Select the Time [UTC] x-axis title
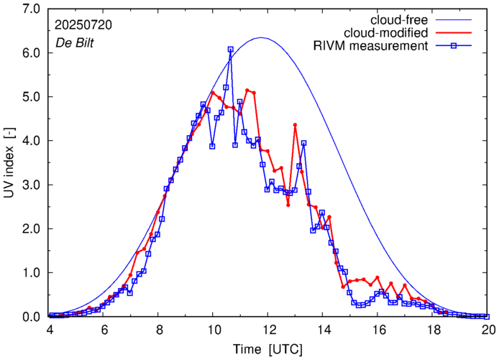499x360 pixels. tap(266, 349)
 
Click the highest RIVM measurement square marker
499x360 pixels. tap(230, 50)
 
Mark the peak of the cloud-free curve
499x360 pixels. tap(261, 37)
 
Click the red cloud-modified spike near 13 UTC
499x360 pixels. tap(295, 125)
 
